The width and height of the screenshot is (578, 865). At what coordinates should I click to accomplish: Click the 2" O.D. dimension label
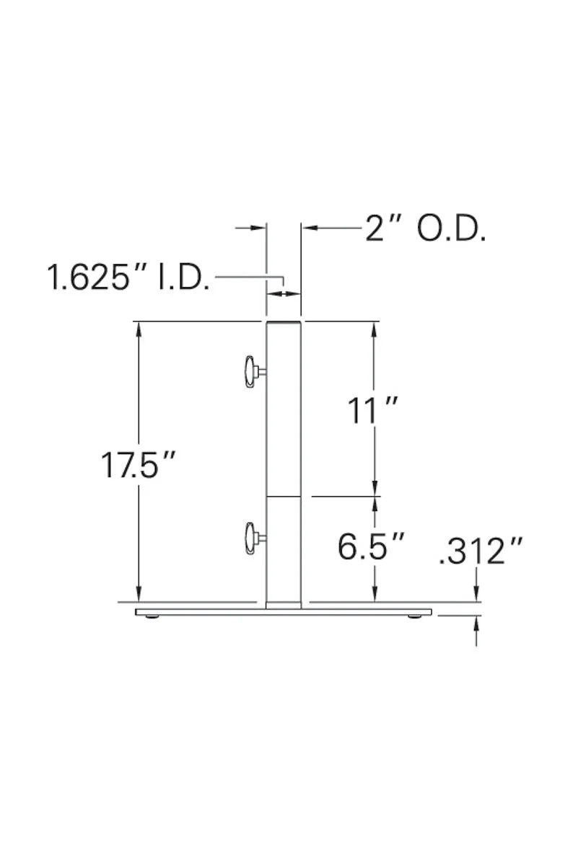point(425,230)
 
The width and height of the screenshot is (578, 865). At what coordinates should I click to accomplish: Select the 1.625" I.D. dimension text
point(128,278)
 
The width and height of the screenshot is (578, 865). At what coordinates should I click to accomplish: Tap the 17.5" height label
point(138,465)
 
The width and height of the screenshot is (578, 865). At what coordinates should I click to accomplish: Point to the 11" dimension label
point(372,410)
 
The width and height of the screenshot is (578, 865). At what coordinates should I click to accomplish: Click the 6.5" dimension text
point(370,546)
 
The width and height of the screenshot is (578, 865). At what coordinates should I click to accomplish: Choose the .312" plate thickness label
point(481,551)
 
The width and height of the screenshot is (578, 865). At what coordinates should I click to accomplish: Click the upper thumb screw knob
point(253,372)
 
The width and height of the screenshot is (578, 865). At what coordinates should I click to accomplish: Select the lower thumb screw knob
point(253,538)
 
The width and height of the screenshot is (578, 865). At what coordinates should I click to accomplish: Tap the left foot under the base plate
point(152,617)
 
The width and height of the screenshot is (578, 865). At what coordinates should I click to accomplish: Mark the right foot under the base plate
point(415,617)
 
